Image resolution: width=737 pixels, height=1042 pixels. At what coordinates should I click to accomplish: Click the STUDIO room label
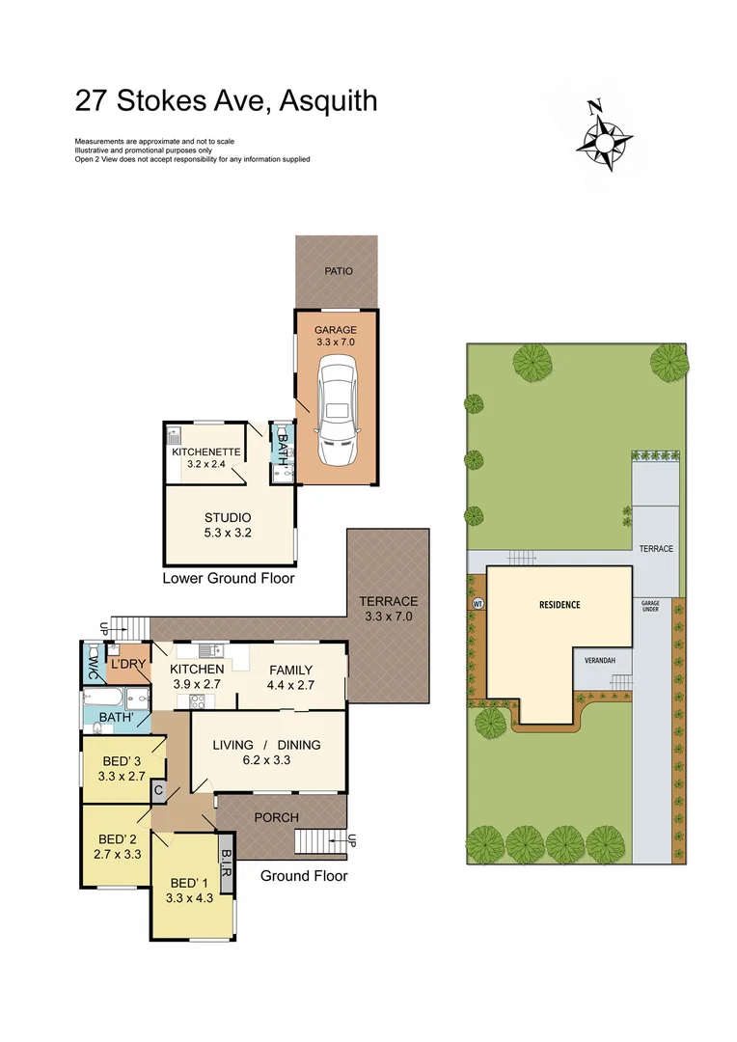click(x=228, y=517)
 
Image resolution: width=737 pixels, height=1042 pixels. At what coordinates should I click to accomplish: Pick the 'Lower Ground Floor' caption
click(x=229, y=579)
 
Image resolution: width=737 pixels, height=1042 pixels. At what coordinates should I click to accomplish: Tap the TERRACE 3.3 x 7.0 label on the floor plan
click(x=389, y=608)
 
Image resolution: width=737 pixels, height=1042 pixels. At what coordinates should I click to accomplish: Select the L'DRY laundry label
click(x=127, y=666)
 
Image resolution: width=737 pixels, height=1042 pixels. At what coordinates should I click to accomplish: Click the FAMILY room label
click(x=290, y=670)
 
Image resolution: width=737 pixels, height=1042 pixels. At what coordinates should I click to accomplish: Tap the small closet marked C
click(x=157, y=790)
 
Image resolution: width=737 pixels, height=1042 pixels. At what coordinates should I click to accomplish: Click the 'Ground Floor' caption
click(x=304, y=876)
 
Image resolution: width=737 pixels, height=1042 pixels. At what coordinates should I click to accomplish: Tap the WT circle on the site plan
click(x=477, y=604)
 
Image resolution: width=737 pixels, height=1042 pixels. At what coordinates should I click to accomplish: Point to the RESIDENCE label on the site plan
click(x=559, y=605)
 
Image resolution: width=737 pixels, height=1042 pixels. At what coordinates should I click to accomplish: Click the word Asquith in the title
click(x=328, y=100)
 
